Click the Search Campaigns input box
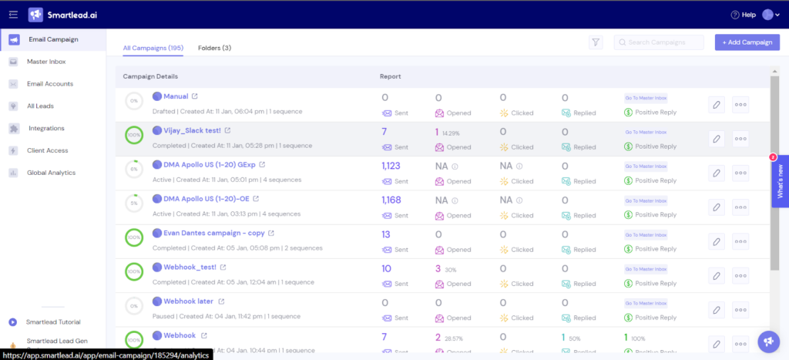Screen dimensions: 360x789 click(659, 42)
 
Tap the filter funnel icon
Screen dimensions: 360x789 click(596, 42)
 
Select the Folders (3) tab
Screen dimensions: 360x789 click(214, 48)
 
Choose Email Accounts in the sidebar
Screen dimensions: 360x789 click(50, 84)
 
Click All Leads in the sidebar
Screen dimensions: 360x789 click(40, 106)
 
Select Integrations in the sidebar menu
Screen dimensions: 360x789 click(46, 128)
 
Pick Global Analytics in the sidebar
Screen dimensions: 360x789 click(51, 173)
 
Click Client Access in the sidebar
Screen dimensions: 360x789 click(47, 150)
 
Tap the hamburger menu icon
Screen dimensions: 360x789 click(13, 15)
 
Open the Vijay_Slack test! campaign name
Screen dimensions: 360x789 click(192, 130)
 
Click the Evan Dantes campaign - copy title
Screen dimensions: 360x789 click(213, 232)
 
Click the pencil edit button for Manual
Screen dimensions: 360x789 click(717, 105)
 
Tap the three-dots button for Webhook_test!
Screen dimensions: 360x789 click(740, 274)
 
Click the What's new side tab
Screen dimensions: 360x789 click(780, 181)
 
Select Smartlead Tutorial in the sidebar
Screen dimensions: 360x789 click(53, 322)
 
